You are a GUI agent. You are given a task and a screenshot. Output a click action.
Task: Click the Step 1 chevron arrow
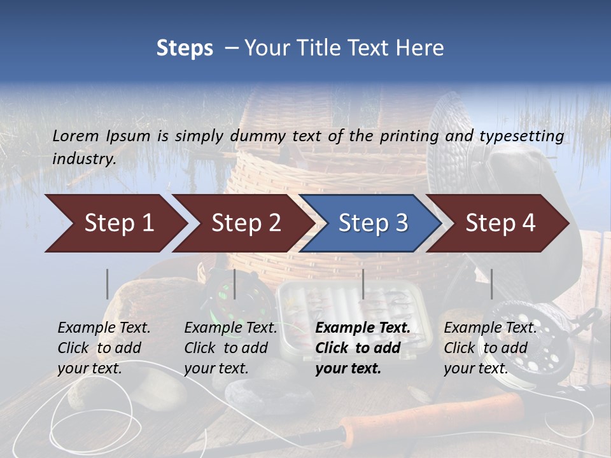[x=118, y=223]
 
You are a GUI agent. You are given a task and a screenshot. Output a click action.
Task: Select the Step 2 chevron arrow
[x=245, y=223]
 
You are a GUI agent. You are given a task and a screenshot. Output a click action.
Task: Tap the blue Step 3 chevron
[x=372, y=223]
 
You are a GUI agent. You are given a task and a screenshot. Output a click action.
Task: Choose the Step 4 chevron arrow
[x=500, y=223]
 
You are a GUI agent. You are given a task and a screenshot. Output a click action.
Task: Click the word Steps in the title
[x=185, y=48]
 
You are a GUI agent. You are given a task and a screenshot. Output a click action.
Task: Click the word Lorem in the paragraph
[x=76, y=135]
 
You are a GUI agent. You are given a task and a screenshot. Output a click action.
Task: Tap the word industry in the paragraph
[x=83, y=159]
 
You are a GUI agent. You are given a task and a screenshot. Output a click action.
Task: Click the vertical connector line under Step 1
[x=108, y=284]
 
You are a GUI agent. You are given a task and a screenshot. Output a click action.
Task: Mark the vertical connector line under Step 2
[x=235, y=284]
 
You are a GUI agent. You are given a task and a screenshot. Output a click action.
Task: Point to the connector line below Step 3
[x=363, y=284]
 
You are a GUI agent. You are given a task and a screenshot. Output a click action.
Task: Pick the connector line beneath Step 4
[x=491, y=284]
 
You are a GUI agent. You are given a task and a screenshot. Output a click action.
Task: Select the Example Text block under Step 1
[x=104, y=347]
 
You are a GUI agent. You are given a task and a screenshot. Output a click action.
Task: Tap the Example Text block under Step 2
[x=230, y=347]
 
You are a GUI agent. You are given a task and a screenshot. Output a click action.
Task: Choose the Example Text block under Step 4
[x=490, y=347]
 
